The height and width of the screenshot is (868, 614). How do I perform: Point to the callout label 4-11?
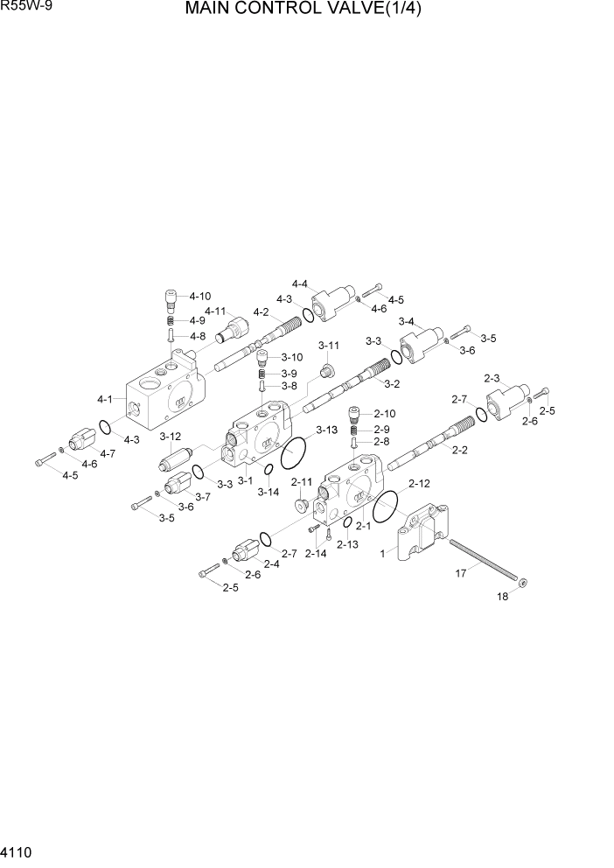click(x=216, y=311)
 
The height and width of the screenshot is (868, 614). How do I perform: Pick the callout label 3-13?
click(x=326, y=430)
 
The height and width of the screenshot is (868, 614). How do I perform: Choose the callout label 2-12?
click(x=419, y=484)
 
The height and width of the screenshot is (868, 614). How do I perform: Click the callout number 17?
click(x=460, y=573)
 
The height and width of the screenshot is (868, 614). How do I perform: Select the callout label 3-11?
click(x=329, y=344)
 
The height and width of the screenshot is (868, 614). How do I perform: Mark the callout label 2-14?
click(x=315, y=553)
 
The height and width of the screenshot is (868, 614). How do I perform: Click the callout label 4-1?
click(x=105, y=400)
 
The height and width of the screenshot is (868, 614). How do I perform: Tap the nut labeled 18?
click(x=521, y=581)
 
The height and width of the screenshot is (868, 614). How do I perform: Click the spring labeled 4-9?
click(x=172, y=320)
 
